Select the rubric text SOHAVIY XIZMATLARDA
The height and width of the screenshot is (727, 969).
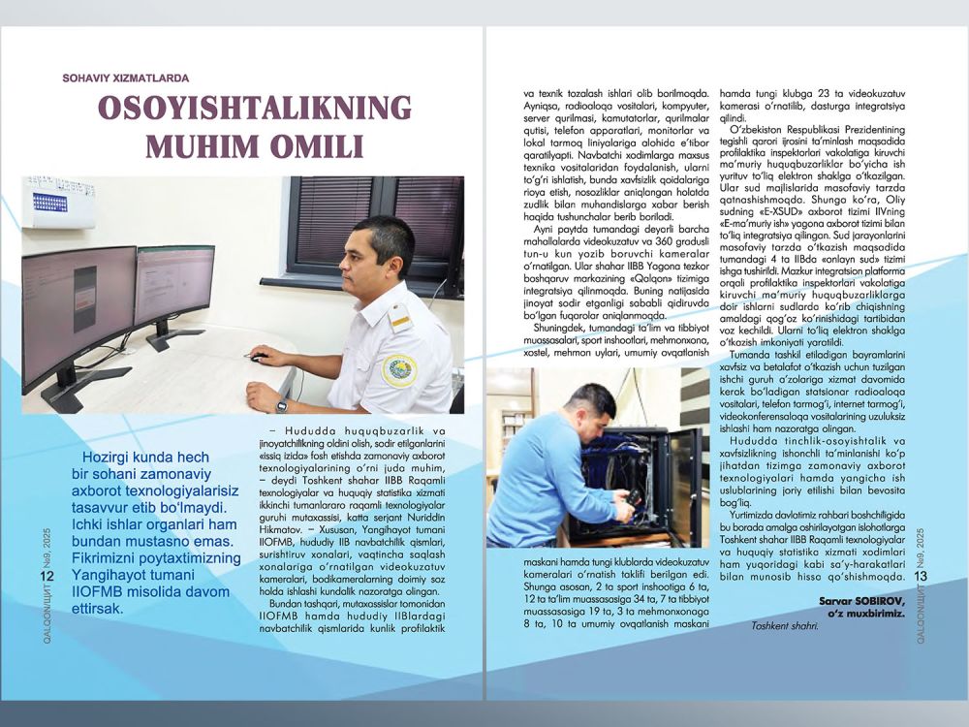[125, 79]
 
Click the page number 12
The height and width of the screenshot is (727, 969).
[46, 578]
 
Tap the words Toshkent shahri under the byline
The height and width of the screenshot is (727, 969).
[784, 624]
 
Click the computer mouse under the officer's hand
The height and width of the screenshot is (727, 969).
[258, 357]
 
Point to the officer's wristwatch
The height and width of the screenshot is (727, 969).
[281, 405]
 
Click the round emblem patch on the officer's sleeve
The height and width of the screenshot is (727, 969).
[399, 370]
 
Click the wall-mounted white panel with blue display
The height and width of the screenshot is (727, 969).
[57, 202]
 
